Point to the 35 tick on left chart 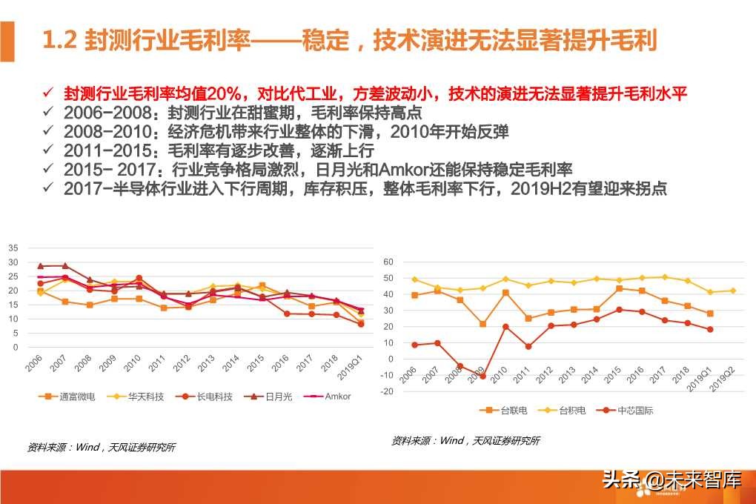pos(13,248)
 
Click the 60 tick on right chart pos(388,262)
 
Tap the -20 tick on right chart pos(386,391)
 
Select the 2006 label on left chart pos(33,363)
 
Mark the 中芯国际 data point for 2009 pos(483,376)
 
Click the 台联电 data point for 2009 pos(483,324)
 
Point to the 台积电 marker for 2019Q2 pos(733,291)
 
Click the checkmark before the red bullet pos(47,93)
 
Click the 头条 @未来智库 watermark pos(672,480)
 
